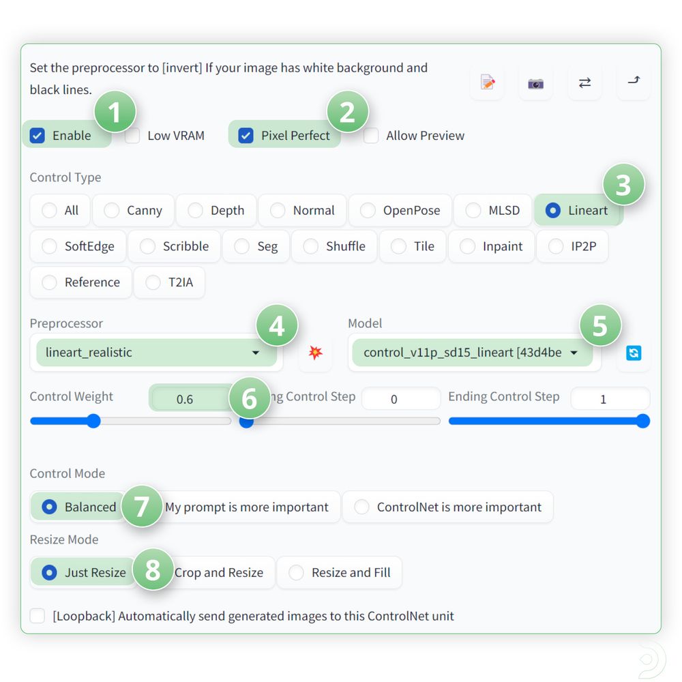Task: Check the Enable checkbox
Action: tap(37, 136)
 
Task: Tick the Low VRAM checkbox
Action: tap(132, 136)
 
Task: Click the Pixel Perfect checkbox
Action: tap(246, 136)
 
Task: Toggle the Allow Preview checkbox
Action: tap(371, 136)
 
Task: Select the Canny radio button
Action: tap(111, 211)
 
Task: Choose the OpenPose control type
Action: tap(368, 211)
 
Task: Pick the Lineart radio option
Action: tap(553, 211)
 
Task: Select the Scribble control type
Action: tap(147, 246)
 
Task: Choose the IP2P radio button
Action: tap(556, 246)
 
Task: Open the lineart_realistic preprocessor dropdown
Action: tap(157, 353)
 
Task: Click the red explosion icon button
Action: tap(315, 353)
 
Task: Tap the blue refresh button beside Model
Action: tap(634, 353)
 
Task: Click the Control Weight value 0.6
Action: tap(185, 400)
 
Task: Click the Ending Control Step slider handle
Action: tap(642, 421)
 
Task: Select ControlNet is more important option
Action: tap(361, 507)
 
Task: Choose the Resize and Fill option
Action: tap(296, 573)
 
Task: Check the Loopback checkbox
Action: tap(37, 617)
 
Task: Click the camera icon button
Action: tap(535, 83)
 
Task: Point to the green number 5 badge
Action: tap(599, 326)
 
